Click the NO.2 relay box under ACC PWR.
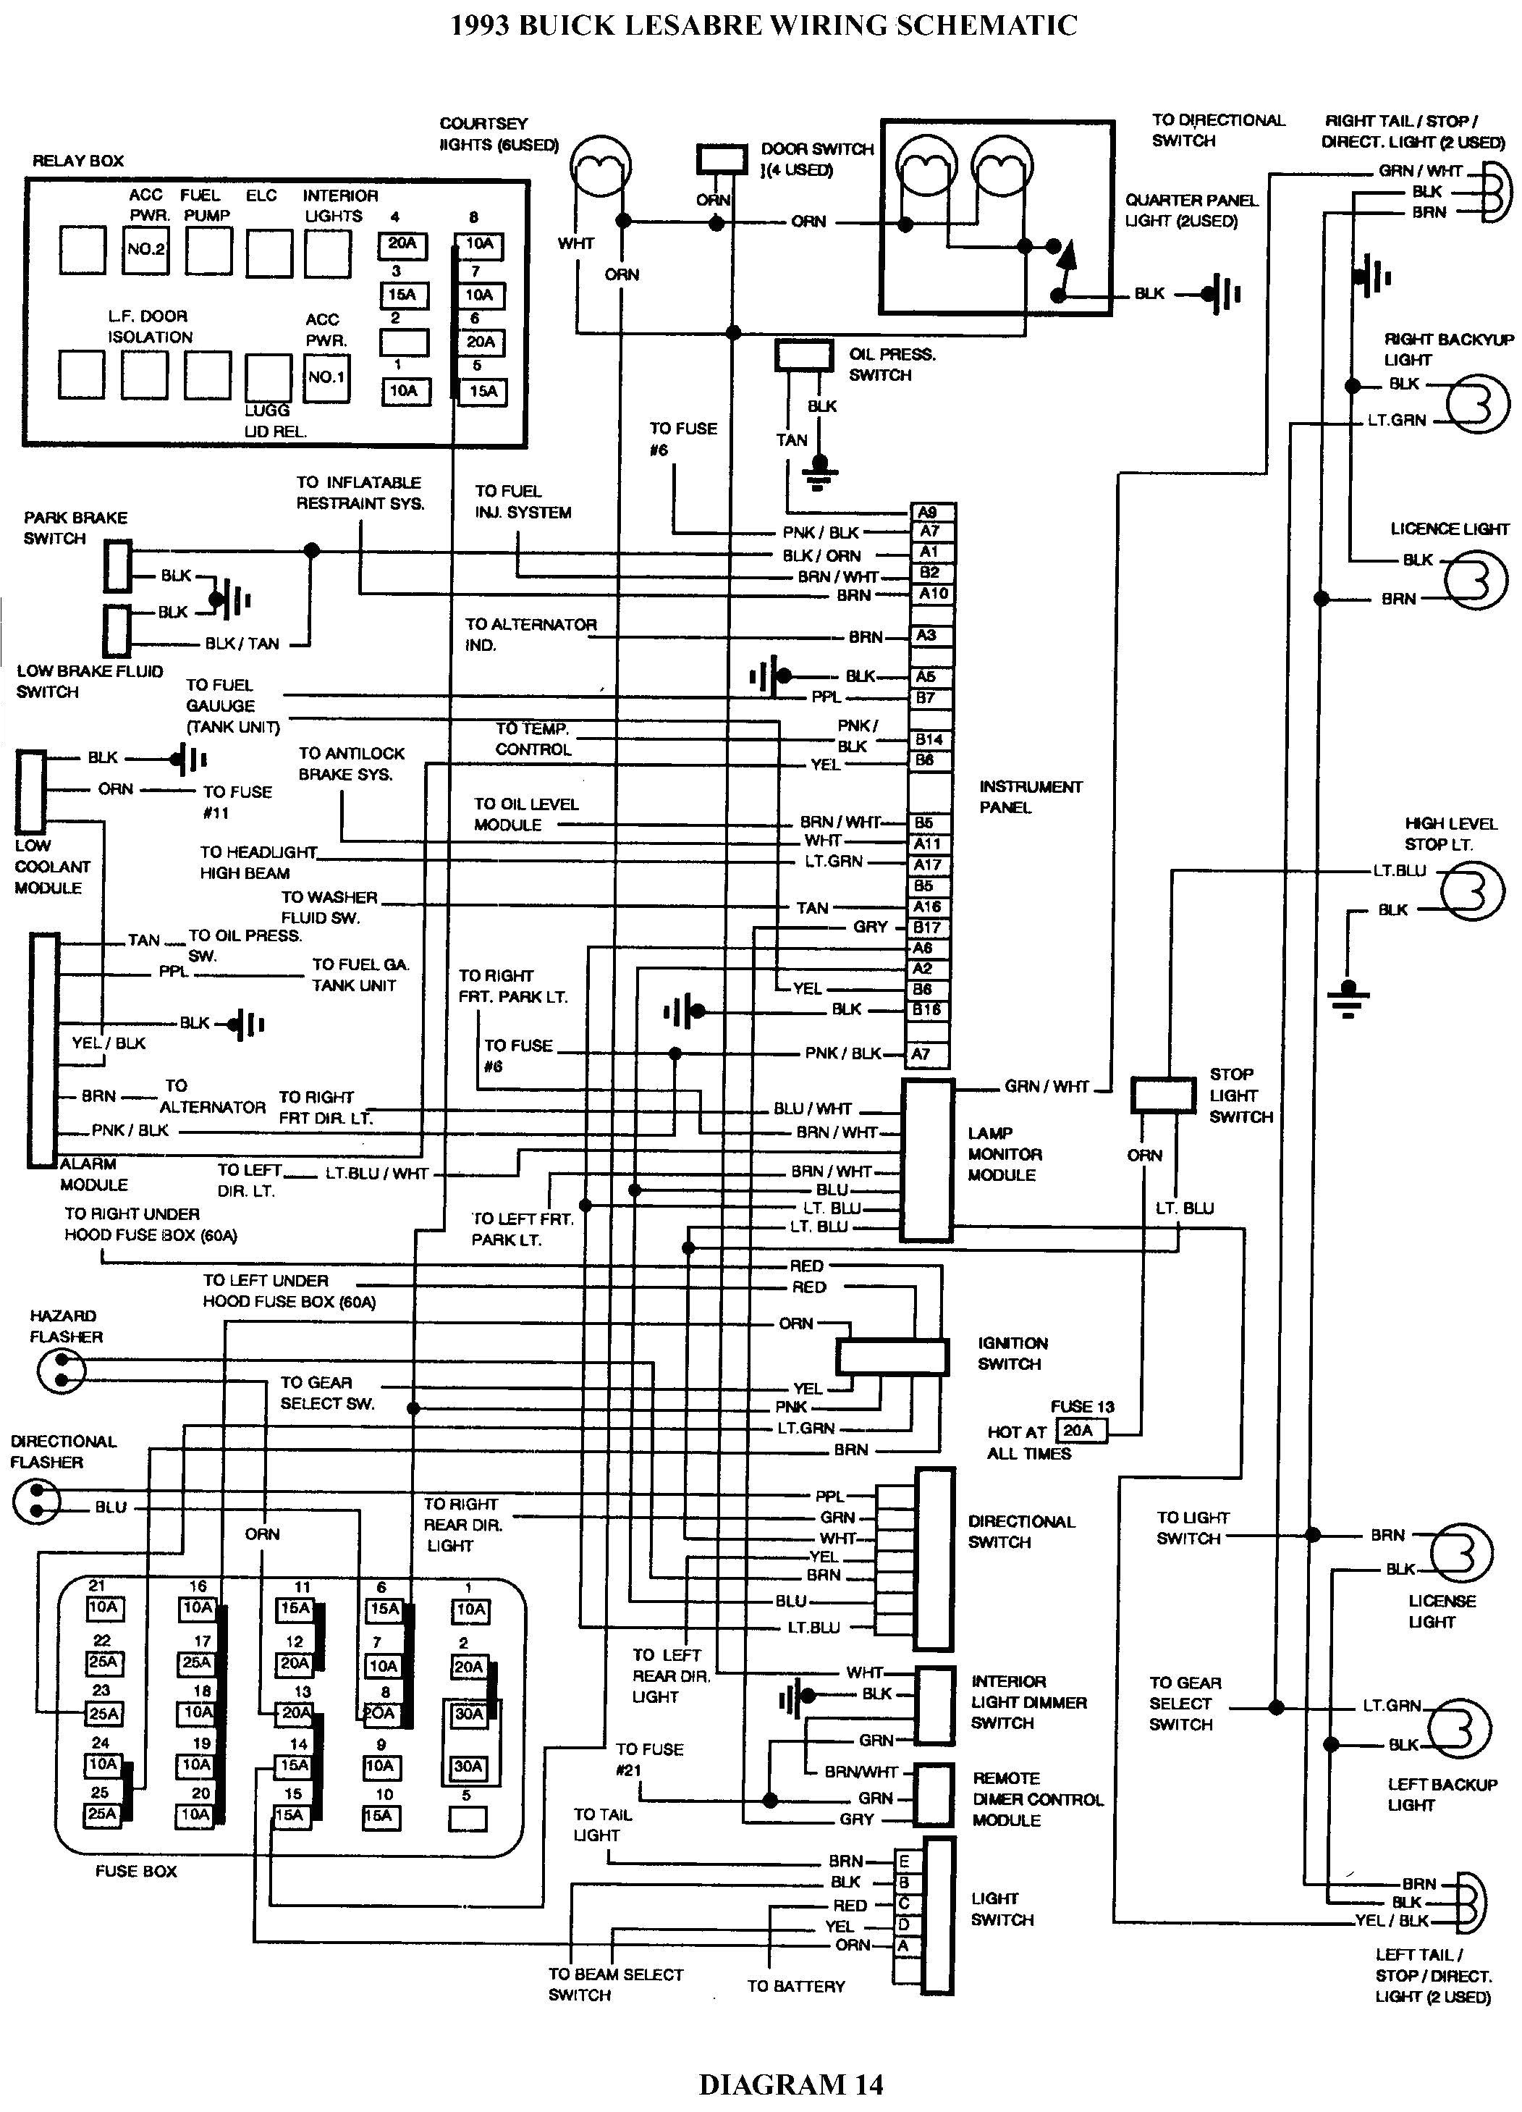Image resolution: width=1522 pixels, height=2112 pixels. pos(146,250)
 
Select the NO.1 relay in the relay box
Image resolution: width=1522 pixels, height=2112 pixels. pos(326,377)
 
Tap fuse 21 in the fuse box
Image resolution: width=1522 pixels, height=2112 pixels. pos(104,1607)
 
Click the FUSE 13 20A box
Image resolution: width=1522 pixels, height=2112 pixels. pos(1081,1431)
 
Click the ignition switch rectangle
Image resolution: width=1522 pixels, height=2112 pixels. pos(891,1357)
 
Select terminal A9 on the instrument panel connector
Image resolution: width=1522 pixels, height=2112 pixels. pos(930,512)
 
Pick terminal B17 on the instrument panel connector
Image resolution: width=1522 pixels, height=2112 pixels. pos(927,927)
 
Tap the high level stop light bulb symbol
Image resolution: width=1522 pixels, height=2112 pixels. pos(1472,891)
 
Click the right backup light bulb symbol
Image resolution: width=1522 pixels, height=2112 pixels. pos(1477,404)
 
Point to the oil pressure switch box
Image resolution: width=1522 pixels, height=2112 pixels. pos(803,355)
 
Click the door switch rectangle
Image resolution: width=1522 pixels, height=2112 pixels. pos(722,159)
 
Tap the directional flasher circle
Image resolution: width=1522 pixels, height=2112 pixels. pos(36,1500)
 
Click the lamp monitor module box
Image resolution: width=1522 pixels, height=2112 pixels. pos(927,1161)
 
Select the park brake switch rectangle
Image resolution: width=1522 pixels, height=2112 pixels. pos(117,566)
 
